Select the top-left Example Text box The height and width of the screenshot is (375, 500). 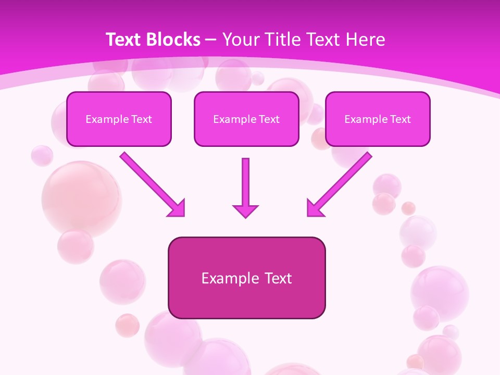119,119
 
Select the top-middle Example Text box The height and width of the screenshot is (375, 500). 246,119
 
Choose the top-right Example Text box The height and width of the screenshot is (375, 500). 378,119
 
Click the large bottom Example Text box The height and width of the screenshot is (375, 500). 246,278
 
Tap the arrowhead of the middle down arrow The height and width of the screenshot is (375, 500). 245,210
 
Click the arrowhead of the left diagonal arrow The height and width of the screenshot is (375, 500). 177,209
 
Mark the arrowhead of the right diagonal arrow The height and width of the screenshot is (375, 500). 315,209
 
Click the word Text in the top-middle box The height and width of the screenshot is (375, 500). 269,119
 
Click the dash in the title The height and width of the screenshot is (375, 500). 211,40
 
